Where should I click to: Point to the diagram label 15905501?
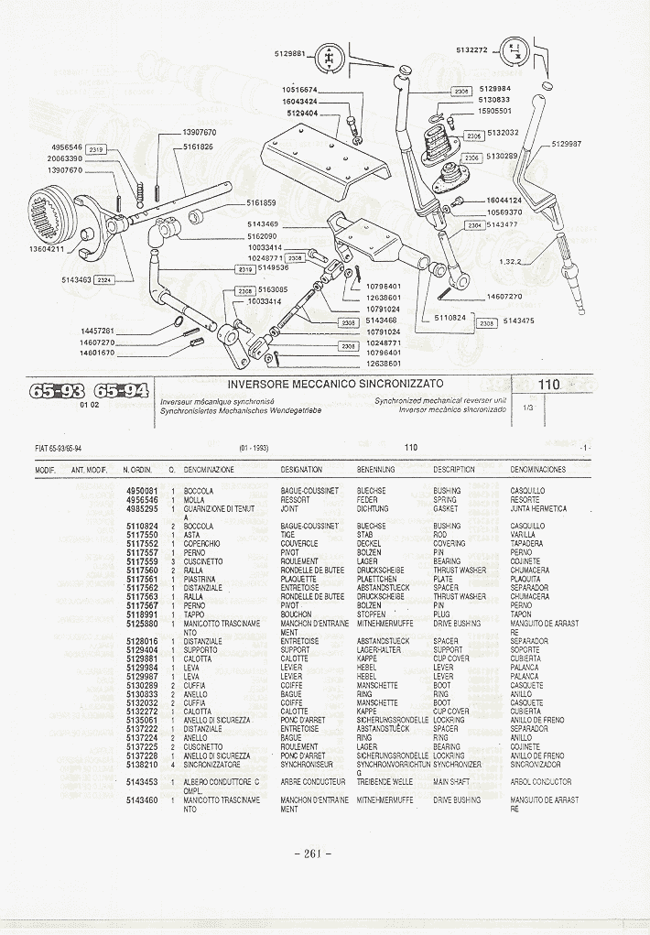tap(493, 110)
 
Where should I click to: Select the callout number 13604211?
tap(46, 249)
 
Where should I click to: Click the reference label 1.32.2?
tap(510, 262)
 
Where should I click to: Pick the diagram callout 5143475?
tap(518, 321)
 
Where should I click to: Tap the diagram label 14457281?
tap(98, 331)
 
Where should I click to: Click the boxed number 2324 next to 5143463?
tap(104, 280)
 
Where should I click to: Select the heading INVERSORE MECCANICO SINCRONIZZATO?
tap(335, 384)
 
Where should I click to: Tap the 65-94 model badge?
tap(121, 391)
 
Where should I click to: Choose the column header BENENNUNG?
tap(375, 470)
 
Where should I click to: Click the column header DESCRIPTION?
tap(453, 470)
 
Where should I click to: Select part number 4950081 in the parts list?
tap(142, 491)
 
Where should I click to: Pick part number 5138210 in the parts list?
tap(142, 764)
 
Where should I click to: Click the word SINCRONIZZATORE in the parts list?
tap(212, 764)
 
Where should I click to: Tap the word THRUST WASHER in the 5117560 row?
tap(460, 571)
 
